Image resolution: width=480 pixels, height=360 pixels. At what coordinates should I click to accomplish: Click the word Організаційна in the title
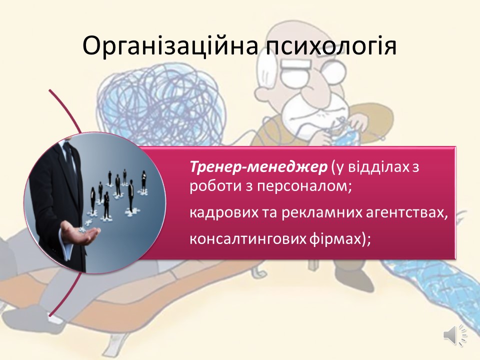coord(170,46)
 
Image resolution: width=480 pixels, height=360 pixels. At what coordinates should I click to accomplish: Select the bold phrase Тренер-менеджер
coord(258,167)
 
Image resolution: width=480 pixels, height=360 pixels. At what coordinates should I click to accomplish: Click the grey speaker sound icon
coord(455,335)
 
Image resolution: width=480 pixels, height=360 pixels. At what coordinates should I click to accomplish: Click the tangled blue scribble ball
coord(165,98)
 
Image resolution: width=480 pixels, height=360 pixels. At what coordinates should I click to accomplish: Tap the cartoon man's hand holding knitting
coord(357,124)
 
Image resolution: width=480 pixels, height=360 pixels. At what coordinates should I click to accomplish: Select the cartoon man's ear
coord(267,92)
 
